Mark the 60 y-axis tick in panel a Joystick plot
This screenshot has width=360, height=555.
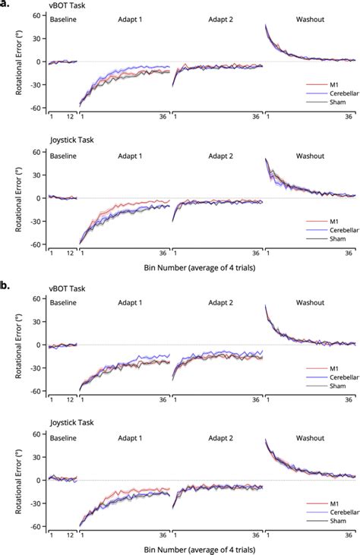(x=35, y=152)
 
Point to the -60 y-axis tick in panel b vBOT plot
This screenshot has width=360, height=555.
(x=33, y=391)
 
